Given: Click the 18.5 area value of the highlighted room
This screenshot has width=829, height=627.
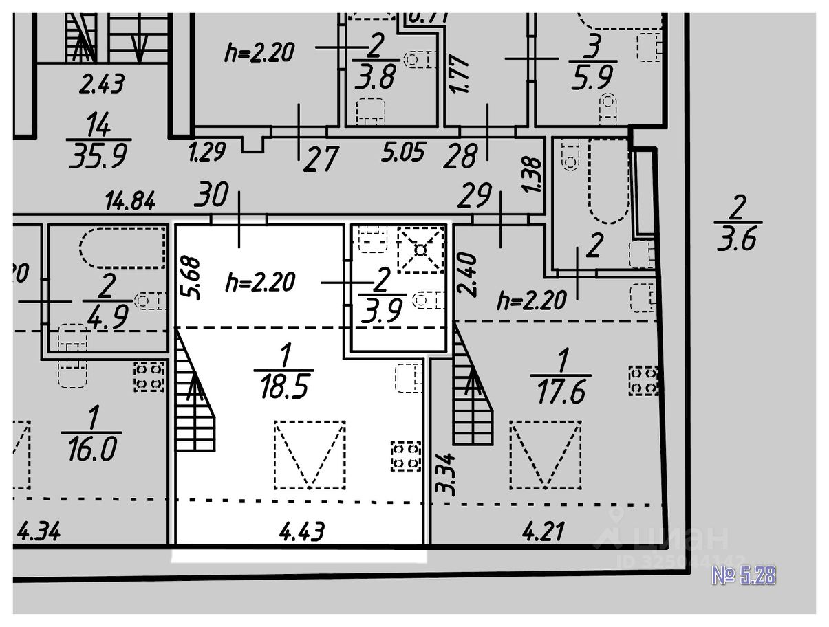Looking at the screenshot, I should coord(283,386).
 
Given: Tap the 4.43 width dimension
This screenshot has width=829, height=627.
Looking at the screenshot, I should coord(303,531).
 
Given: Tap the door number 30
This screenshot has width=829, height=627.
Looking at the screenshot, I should coord(211,195).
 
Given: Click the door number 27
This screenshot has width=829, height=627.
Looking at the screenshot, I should coord(321,160).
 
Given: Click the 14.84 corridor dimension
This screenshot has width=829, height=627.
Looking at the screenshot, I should coord(130,201).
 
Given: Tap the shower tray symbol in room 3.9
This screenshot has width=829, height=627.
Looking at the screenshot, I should coord(420,249).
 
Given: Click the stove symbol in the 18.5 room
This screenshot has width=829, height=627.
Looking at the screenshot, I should coord(405,456).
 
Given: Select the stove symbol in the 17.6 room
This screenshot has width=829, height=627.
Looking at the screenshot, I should coord(643,381).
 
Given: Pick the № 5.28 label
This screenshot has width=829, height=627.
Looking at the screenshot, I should coord(743,575).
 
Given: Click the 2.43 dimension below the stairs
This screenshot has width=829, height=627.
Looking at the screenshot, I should coord(102,85).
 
